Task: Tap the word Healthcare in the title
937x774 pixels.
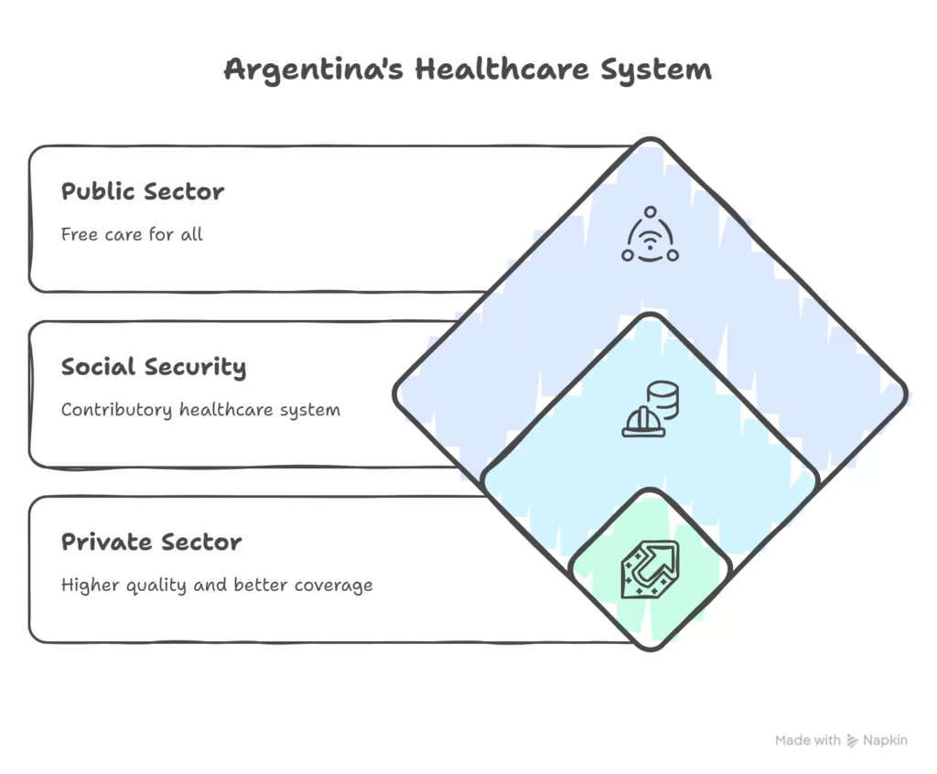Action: (502, 69)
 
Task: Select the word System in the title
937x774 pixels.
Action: (656, 70)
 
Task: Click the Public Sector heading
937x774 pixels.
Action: (143, 191)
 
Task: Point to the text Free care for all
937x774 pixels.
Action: (132, 233)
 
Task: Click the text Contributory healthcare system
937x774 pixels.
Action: (200, 410)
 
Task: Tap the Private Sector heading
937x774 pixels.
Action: (152, 543)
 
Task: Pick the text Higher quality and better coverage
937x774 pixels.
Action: (217, 586)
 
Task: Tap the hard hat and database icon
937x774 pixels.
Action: (651, 409)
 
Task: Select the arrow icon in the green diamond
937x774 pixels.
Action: (651, 569)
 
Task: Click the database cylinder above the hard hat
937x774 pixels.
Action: (662, 399)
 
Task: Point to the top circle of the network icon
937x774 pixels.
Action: (651, 212)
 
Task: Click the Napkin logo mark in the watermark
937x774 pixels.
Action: (852, 741)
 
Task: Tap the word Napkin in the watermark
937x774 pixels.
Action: (885, 740)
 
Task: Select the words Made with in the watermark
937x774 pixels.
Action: (808, 740)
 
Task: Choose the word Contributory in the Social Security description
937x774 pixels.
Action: (116, 411)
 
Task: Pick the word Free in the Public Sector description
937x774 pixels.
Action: (80, 233)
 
